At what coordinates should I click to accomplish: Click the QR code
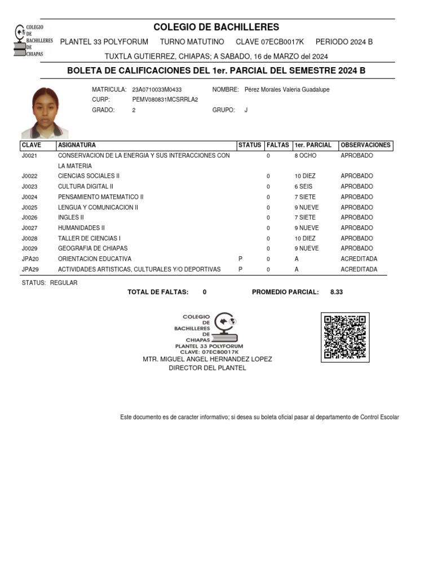(345, 337)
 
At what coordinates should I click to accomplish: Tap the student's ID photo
(45, 113)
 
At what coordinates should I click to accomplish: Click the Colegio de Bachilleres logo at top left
(33, 41)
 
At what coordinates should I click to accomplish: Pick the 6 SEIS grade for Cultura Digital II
(304, 186)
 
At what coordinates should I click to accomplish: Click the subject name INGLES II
(70, 217)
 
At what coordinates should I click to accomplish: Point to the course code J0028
(29, 238)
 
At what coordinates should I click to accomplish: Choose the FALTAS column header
(277, 145)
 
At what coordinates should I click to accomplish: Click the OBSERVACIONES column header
(365, 145)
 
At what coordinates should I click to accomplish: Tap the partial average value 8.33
(337, 292)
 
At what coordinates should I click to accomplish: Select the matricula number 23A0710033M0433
(157, 90)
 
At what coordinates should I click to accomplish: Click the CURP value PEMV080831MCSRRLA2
(165, 100)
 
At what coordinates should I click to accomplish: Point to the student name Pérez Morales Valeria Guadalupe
(287, 90)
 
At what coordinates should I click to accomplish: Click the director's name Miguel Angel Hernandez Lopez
(207, 359)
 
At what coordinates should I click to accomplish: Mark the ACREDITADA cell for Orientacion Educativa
(359, 259)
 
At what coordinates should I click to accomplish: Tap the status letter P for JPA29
(240, 269)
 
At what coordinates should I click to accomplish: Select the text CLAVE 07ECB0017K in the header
(269, 42)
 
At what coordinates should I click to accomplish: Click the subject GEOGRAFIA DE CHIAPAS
(92, 248)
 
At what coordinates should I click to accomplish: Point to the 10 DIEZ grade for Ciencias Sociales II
(305, 176)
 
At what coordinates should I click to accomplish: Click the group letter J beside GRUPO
(246, 110)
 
